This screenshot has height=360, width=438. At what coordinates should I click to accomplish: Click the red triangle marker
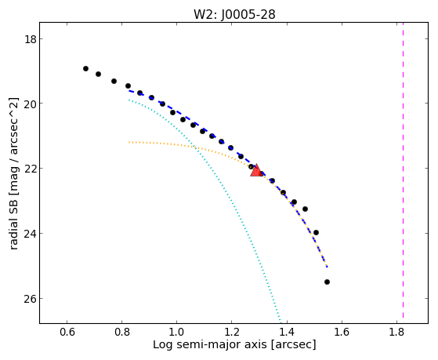(256, 171)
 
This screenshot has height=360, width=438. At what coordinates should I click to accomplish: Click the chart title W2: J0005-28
(234, 14)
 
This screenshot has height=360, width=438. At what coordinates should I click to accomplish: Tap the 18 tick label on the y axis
(31, 39)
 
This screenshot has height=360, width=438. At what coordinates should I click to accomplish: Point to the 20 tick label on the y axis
(31, 104)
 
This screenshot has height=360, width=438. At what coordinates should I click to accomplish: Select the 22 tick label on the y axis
(31, 169)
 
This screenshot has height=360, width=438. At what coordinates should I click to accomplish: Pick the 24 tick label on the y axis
(31, 233)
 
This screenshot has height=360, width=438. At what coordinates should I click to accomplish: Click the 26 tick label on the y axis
(31, 299)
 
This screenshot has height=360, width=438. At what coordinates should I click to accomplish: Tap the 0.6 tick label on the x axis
(67, 332)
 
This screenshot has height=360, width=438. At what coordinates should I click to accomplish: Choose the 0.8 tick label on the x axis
(121, 332)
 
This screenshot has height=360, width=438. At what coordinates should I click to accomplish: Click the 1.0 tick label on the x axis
(176, 332)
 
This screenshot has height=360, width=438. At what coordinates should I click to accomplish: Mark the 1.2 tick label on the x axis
(232, 332)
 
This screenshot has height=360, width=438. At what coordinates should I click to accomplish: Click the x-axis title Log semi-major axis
(210, 345)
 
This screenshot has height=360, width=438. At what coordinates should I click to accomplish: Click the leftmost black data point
(85, 68)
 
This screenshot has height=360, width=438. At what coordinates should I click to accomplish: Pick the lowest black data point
(327, 282)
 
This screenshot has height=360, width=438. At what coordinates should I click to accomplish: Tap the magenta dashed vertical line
(403, 170)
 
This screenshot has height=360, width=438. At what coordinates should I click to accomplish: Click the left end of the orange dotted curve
(129, 143)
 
